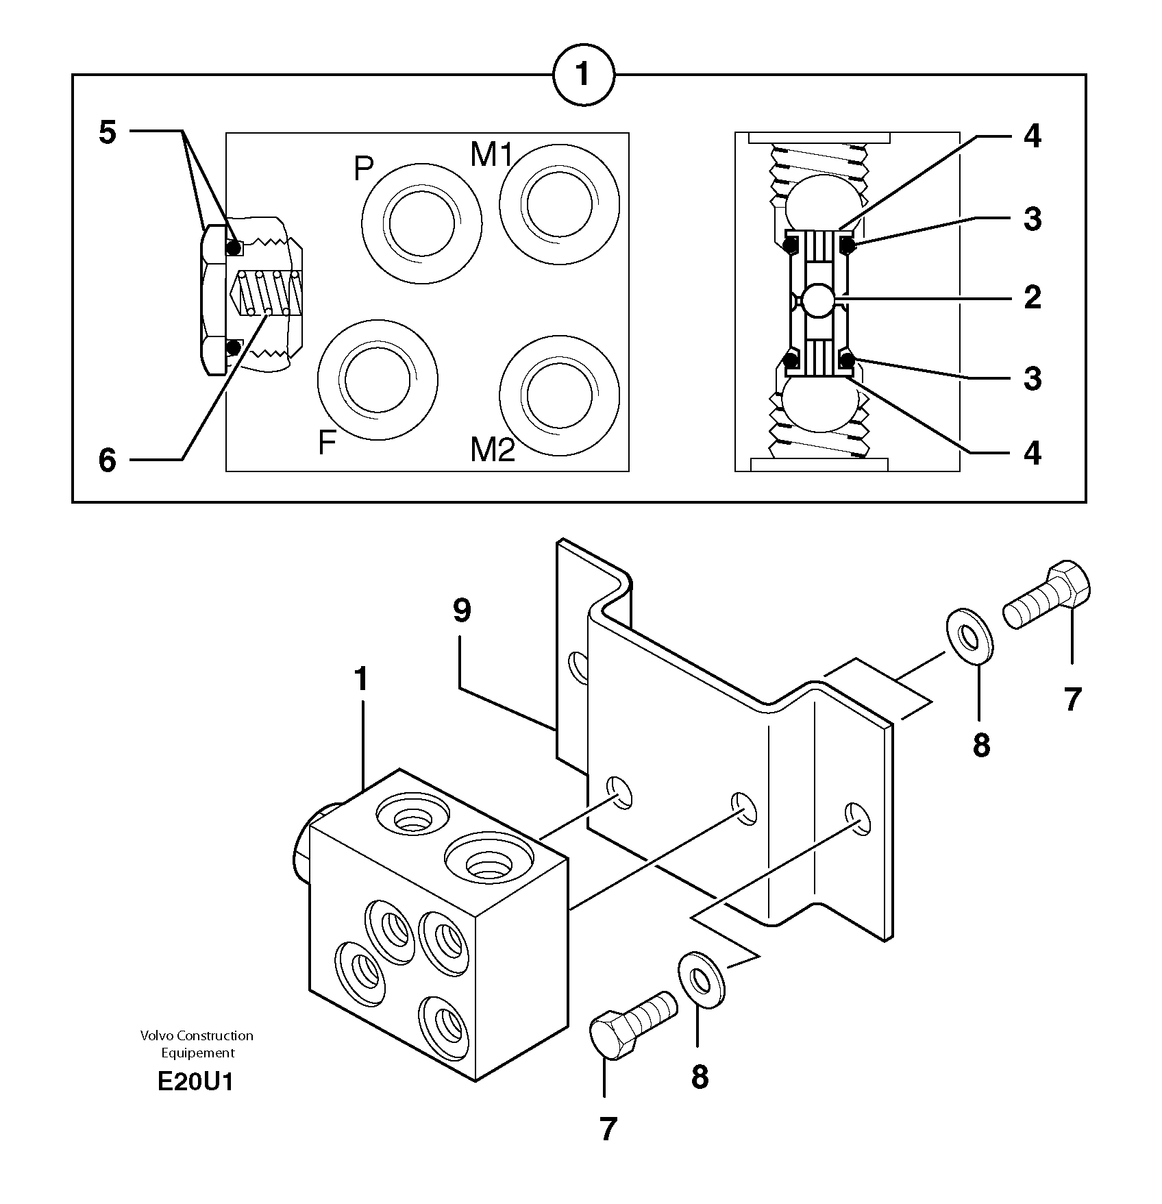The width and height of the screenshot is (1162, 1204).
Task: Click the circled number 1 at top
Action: pos(583,75)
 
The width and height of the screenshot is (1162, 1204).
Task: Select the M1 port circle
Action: pos(559,204)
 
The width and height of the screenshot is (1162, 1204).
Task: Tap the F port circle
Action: pos(378,378)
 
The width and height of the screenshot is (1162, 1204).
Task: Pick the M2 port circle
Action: pos(559,395)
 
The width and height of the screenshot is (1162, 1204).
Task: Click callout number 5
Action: pos(108,132)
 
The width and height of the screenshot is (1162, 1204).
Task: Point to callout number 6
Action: pos(108,460)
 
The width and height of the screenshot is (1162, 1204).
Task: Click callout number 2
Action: pos(1032,297)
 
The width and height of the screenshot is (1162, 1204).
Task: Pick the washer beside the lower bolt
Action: pos(702,979)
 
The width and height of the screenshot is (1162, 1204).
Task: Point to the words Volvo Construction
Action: pos(197,1035)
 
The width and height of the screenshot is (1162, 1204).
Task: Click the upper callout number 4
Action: pos(1032,137)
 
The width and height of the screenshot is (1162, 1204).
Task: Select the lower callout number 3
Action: pos(1032,378)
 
